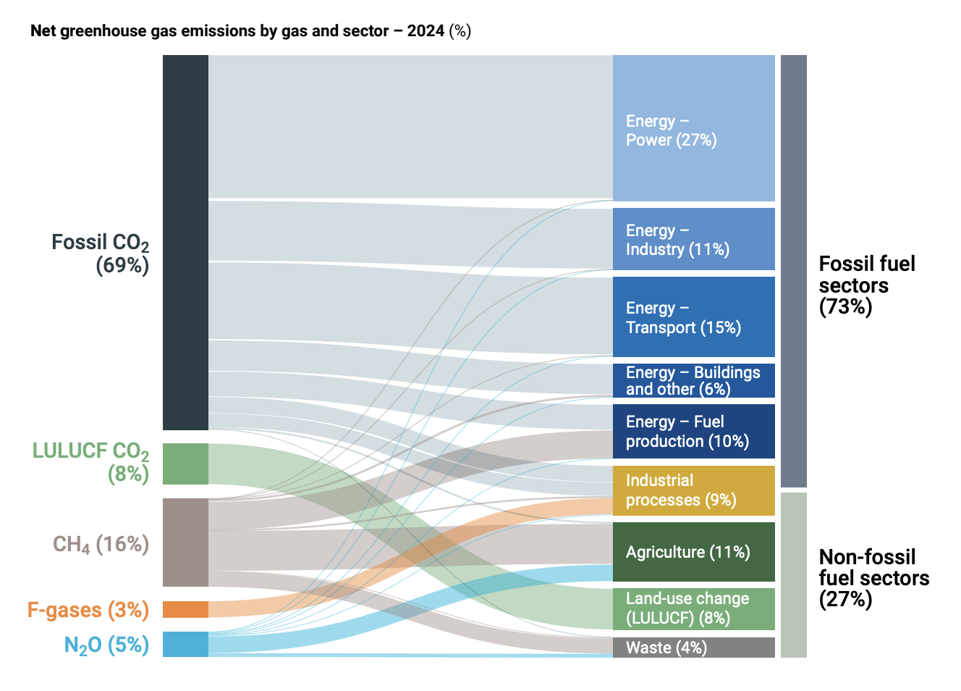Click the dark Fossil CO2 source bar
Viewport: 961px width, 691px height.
tap(185, 242)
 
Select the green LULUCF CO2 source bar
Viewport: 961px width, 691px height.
tap(185, 464)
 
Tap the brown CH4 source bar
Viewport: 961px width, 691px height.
tap(185, 542)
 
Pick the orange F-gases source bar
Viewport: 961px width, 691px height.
tap(185, 609)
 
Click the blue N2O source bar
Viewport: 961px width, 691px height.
tap(185, 644)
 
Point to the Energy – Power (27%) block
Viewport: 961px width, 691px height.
tap(693, 128)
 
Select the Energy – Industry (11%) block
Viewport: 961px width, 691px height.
tap(693, 239)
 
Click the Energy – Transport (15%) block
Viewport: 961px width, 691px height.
tap(693, 317)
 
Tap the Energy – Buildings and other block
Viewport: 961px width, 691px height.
tap(693, 380)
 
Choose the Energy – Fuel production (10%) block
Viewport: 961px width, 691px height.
tap(693, 431)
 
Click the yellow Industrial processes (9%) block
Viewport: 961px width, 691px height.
tap(693, 490)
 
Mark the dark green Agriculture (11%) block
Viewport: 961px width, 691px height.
tap(693, 551)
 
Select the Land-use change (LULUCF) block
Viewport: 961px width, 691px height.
tap(693, 608)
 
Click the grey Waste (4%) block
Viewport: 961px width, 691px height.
tap(693, 648)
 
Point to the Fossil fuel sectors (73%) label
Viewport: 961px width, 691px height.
tap(866, 285)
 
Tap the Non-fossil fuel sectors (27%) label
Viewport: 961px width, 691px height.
tap(873, 577)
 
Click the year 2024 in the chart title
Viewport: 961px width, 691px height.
tap(426, 31)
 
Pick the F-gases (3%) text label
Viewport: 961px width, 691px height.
tap(88, 610)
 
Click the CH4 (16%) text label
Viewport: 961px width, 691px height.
tap(101, 544)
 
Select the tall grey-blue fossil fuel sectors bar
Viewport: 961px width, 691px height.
tap(793, 271)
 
